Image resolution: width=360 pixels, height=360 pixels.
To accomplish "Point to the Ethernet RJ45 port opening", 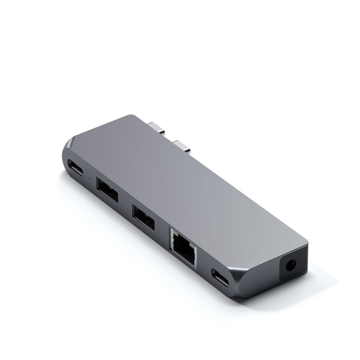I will point(182,245).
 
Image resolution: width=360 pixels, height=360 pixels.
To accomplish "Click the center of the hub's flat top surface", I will point(186,183).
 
